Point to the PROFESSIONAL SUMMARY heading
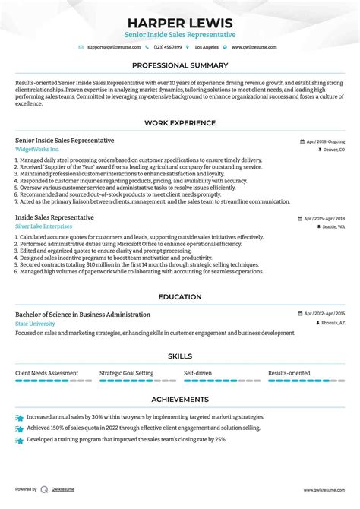tap(180, 66)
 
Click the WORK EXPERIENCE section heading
tap(180, 122)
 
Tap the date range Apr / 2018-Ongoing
tap(324, 141)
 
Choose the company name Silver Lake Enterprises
tap(44, 226)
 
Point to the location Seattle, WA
tap(331, 227)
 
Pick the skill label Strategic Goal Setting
tap(126, 374)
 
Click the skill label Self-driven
tap(197, 374)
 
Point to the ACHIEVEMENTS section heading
tap(180, 399)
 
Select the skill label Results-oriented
tap(289, 374)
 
